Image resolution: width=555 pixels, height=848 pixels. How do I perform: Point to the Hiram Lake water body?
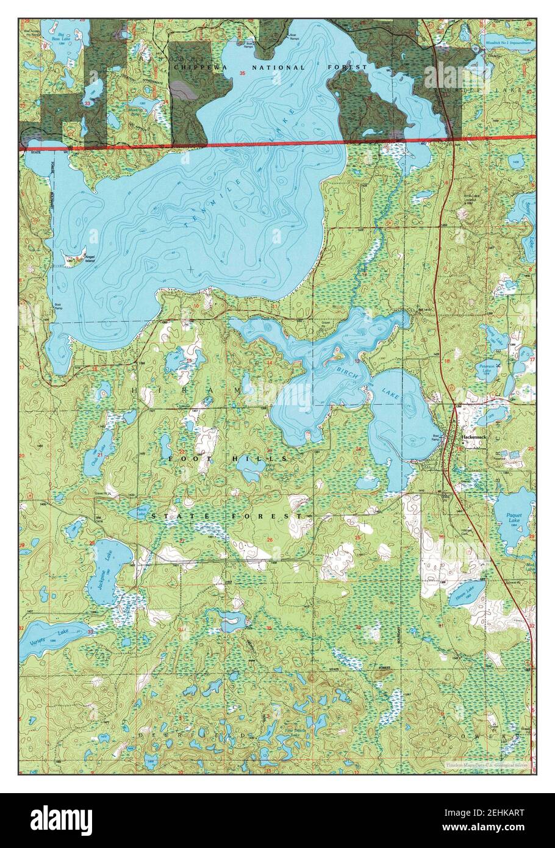[x=467, y=590]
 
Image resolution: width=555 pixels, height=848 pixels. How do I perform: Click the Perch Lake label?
[x=141, y=514]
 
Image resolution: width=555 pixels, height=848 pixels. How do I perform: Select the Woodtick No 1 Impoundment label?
[x=507, y=43]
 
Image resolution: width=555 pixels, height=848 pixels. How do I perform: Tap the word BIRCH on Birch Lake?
[x=340, y=368]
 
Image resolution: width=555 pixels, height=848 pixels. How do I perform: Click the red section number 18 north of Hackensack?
[x=446, y=362]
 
